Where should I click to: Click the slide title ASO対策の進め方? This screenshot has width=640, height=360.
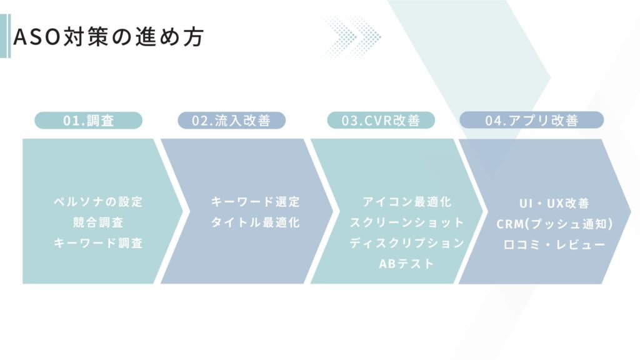[109, 37]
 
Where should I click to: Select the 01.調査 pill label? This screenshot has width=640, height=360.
[89, 121]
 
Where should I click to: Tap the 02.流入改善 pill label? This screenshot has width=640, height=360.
[231, 121]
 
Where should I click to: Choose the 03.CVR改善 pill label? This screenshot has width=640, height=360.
[381, 121]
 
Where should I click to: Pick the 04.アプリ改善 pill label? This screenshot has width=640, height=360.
[531, 121]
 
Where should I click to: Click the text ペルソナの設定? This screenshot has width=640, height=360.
[98, 202]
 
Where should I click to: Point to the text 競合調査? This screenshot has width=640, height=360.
[98, 222]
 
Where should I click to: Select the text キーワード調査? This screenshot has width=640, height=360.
[98, 243]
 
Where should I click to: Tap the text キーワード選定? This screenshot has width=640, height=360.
[256, 202]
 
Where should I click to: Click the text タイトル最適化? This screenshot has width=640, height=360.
[256, 222]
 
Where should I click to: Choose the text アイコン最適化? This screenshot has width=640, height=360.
[407, 202]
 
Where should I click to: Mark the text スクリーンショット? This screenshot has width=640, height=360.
[407, 222]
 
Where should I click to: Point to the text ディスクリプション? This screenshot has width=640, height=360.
[407, 243]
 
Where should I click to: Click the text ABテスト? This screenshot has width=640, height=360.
[406, 264]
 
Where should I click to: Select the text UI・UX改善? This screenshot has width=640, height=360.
[554, 203]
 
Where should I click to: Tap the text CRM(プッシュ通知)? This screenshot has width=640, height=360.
[555, 224]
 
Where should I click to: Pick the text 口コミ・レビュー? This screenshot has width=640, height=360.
[554, 245]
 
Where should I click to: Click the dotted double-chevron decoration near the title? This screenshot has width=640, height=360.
[351, 37]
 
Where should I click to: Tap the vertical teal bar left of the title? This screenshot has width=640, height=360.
[5, 36]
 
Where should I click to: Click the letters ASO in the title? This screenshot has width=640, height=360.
[37, 37]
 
